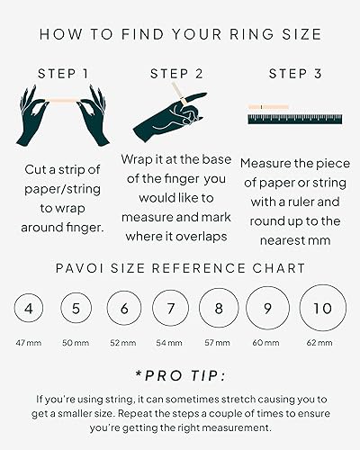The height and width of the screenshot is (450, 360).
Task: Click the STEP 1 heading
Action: (63, 73)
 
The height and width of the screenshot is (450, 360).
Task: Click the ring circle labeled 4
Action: (30, 310)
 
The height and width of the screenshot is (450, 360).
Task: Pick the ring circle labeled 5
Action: (76, 310)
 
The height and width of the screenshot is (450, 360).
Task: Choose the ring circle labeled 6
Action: (124, 310)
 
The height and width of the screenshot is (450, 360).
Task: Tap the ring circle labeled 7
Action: (171, 310)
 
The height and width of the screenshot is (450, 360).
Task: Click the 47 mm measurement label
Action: (30, 343)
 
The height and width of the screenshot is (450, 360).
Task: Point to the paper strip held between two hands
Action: (63, 95)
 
